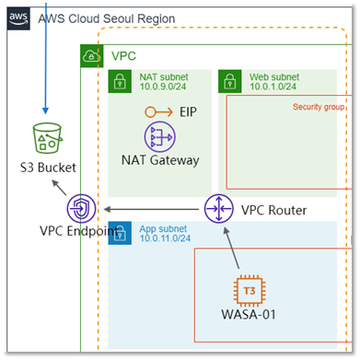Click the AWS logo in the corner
(18, 18)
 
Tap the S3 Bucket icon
(48, 138)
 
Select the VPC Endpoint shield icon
(81, 209)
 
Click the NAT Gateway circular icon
(160, 137)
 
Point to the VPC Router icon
(219, 209)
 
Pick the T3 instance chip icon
(250, 291)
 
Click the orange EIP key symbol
(159, 112)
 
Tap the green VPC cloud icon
(92, 56)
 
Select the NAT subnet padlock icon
(120, 81)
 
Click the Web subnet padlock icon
(230, 81)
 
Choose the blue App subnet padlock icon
(120, 233)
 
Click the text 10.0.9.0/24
(163, 87)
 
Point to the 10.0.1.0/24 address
(273, 87)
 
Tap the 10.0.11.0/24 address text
(165, 238)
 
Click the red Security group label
(319, 107)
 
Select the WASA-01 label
(249, 315)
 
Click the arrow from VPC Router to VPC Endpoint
(151, 210)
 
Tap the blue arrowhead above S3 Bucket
(45, 110)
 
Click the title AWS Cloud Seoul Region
(107, 18)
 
